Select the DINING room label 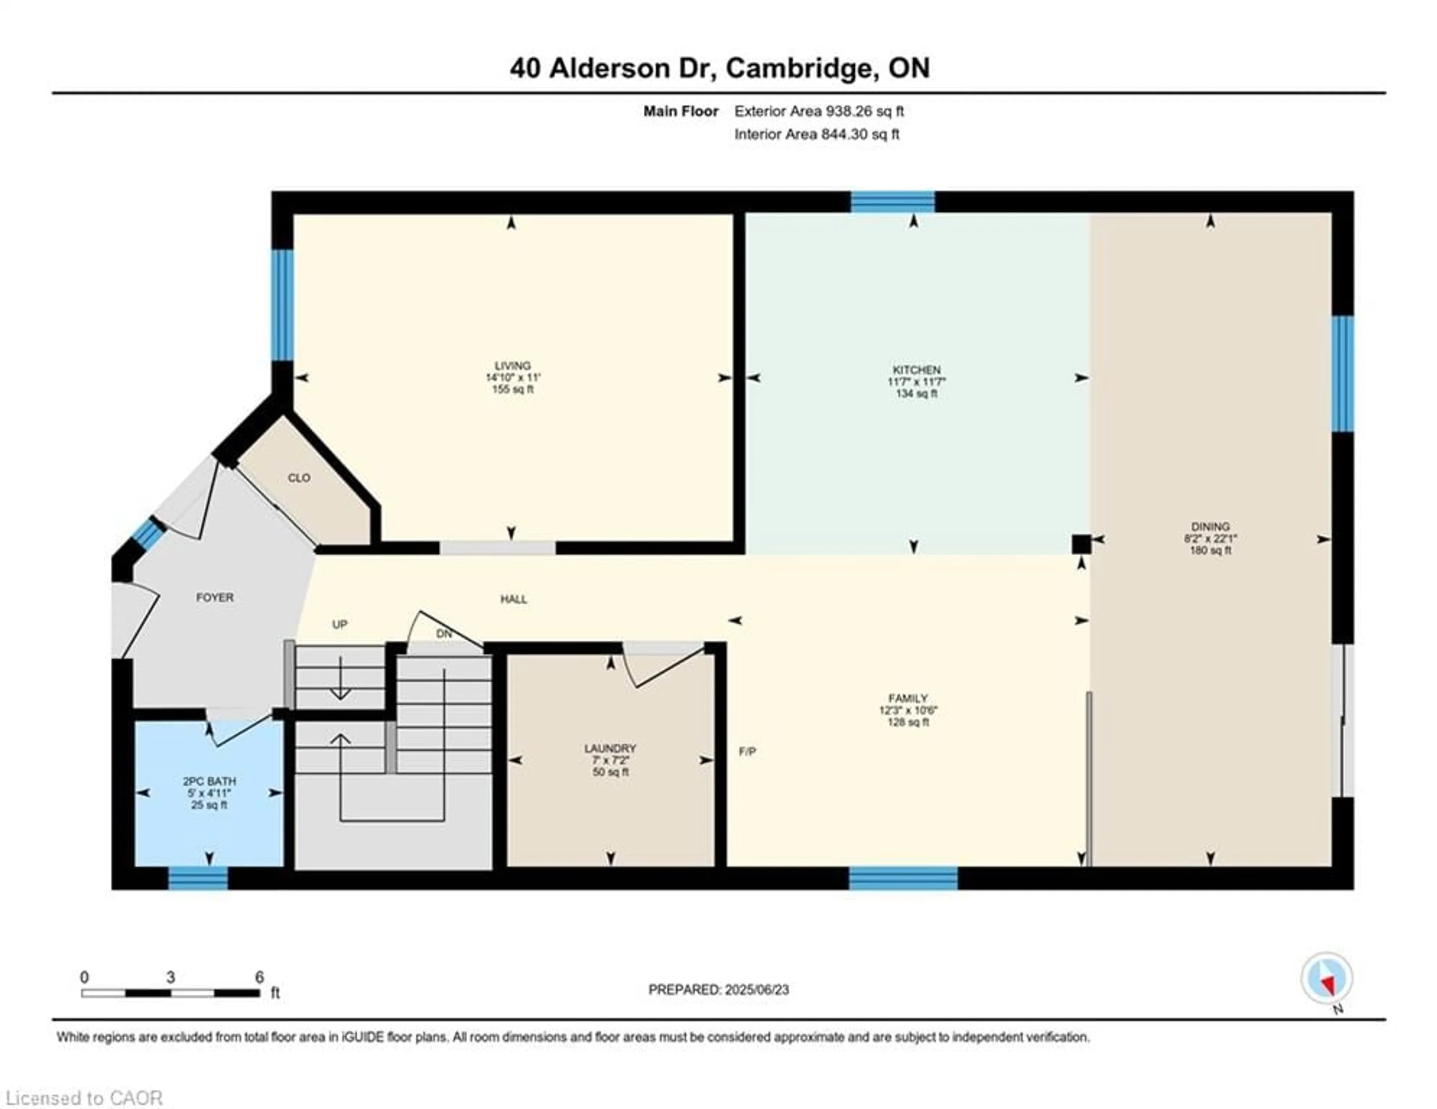(x=1210, y=526)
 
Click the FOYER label (x=214, y=597)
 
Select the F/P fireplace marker (x=747, y=752)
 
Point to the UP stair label (x=339, y=624)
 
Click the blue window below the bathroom (x=198, y=878)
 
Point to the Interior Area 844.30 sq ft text (x=817, y=134)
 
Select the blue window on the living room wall (x=282, y=305)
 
